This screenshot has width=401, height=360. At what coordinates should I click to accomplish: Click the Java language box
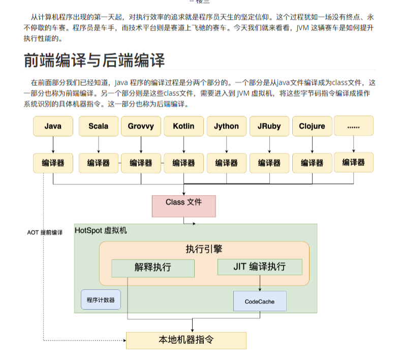pyautogui.click(x=53, y=126)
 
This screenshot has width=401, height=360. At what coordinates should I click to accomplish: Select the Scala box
pyautogui.click(x=99, y=126)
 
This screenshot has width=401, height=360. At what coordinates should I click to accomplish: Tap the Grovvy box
pyautogui.click(x=141, y=126)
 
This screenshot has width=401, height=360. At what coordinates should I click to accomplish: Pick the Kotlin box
pyautogui.click(x=183, y=126)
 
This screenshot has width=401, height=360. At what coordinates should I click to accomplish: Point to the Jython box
pyautogui.click(x=226, y=126)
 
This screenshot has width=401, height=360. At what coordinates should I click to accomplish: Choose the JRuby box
pyautogui.click(x=269, y=126)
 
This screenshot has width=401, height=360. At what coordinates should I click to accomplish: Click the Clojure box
pyautogui.click(x=312, y=126)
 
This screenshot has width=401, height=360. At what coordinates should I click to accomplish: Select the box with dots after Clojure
pyautogui.click(x=353, y=125)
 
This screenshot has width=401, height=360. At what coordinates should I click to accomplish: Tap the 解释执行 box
pyautogui.click(x=153, y=268)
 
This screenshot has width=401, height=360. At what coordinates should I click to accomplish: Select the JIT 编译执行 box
pyautogui.click(x=260, y=267)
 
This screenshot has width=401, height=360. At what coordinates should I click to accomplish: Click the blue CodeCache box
pyautogui.click(x=260, y=301)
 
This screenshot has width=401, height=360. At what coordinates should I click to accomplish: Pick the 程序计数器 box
pyautogui.click(x=101, y=300)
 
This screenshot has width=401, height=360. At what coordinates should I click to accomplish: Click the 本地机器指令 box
pyautogui.click(x=186, y=340)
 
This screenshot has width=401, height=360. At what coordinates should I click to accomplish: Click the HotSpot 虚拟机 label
pyautogui.click(x=101, y=231)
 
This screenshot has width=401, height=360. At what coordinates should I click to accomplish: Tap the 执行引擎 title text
pyautogui.click(x=204, y=249)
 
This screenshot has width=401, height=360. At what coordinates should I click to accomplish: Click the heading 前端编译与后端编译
pyautogui.click(x=95, y=60)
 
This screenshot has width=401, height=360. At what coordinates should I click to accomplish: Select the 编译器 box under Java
pyautogui.click(x=53, y=163)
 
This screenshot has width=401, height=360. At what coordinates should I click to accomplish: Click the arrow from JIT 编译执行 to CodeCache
pyautogui.click(x=260, y=283)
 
